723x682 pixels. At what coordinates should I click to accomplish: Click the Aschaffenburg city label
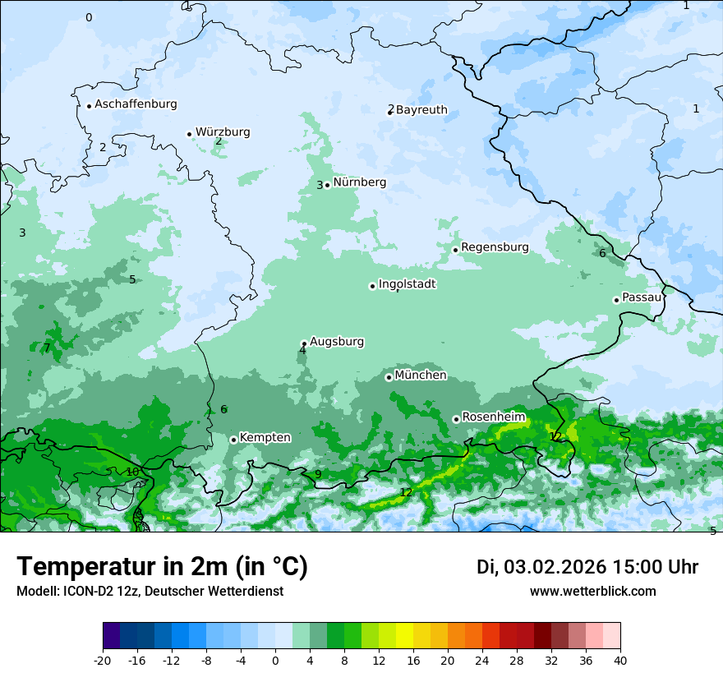tap(136, 104)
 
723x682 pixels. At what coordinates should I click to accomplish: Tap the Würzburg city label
tap(223, 132)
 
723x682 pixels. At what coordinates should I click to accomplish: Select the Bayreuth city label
tap(421, 110)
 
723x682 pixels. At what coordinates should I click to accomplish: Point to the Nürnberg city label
tap(359, 182)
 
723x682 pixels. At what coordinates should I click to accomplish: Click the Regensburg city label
tap(495, 247)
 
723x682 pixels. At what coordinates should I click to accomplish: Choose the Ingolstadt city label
tap(407, 284)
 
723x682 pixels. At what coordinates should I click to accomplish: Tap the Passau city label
tap(642, 297)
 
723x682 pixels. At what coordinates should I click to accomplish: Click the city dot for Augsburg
tap(304, 343)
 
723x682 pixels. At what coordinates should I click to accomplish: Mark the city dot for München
tap(389, 377)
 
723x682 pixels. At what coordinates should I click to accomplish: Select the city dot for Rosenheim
tap(456, 419)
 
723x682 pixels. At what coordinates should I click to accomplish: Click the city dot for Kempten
tap(233, 440)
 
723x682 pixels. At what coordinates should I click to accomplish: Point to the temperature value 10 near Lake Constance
tap(132, 472)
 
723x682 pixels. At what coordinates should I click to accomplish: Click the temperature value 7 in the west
tap(47, 348)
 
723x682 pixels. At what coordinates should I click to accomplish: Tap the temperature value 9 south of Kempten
tap(318, 474)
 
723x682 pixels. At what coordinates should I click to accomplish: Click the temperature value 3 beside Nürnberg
tap(320, 186)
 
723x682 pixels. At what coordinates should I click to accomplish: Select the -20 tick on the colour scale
tap(103, 660)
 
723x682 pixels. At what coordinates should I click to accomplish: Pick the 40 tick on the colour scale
tap(619, 660)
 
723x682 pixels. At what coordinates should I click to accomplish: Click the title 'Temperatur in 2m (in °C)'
tap(162, 567)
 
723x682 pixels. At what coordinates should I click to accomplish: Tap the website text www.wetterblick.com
tap(592, 592)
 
